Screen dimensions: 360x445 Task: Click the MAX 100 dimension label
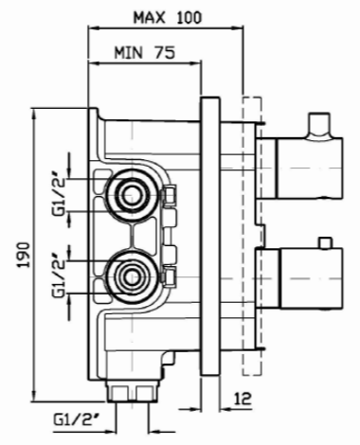(168, 18)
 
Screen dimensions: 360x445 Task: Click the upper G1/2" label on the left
(59, 196)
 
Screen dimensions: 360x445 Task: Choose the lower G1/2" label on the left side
(59, 275)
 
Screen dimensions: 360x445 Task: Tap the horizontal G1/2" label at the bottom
(77, 420)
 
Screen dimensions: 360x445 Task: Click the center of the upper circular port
(130, 195)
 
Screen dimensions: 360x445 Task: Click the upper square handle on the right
(310, 168)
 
